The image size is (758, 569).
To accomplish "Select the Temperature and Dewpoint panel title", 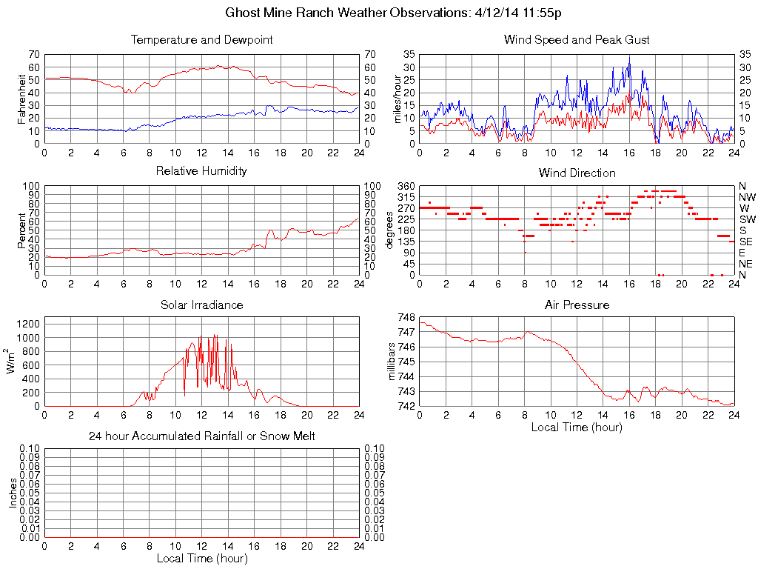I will coord(201,39).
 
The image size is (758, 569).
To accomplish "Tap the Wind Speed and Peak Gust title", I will coord(577,39).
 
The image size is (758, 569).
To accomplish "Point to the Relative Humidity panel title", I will coord(201,171).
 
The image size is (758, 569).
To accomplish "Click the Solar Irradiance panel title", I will coord(201,305).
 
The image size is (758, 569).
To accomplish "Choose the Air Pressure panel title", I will coord(577,305).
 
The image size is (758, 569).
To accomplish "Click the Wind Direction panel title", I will coord(577,173).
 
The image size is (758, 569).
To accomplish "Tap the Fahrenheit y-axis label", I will coord(21,98).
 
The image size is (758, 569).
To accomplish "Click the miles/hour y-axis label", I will coord(397,98).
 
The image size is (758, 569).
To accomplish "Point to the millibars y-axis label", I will coord(393,362).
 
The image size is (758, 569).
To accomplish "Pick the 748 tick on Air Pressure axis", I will coord(406,317).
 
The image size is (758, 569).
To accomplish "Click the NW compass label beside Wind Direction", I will coord(747,197).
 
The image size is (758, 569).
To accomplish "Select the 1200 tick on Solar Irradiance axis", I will coord(27,324).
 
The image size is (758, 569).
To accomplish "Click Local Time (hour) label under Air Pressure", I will coord(577,427).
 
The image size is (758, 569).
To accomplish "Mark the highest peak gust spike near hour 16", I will coord(629,57).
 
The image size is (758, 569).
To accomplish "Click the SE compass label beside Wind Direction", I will coord(746,242).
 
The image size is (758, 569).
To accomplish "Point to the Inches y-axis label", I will coord(13,493).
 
